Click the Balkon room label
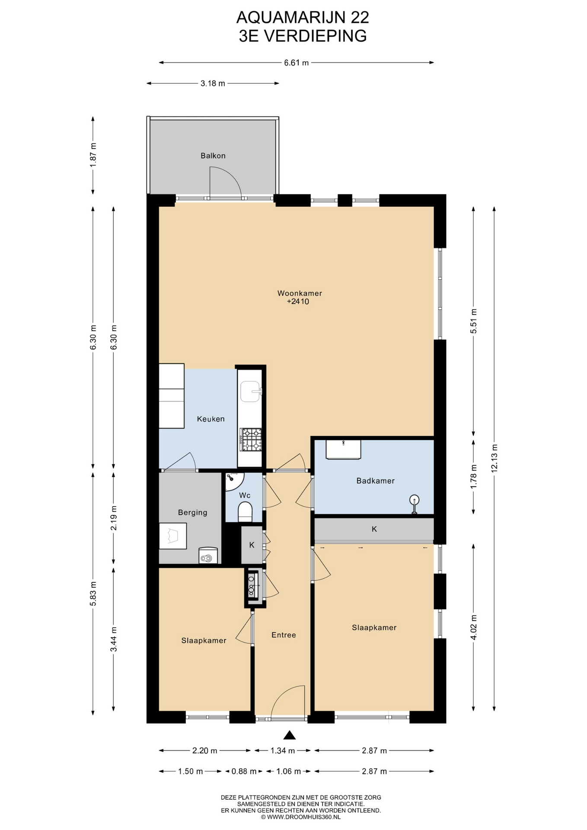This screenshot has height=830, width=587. point(213,156)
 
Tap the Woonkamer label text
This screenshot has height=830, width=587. point(300,293)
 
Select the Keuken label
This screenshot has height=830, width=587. point(211,419)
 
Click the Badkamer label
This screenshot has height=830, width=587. point(375,481)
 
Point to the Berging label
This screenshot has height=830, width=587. point(192,513)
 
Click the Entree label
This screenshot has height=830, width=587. point(284,635)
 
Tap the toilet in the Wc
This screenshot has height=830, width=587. point(245,512)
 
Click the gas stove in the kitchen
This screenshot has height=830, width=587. point(251,439)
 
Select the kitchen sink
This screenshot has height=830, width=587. point(251,392)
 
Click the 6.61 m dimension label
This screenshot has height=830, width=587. point(296,63)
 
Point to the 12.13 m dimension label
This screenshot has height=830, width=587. point(494,458)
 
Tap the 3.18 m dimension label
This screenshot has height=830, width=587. point(213,83)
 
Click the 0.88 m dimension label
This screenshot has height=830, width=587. point(244,771)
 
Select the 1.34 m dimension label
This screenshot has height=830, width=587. point(283,751)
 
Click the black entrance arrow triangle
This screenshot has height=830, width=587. point(289,735)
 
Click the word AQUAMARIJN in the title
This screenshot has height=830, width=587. point(285,18)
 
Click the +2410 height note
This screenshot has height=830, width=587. point(298,302)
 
